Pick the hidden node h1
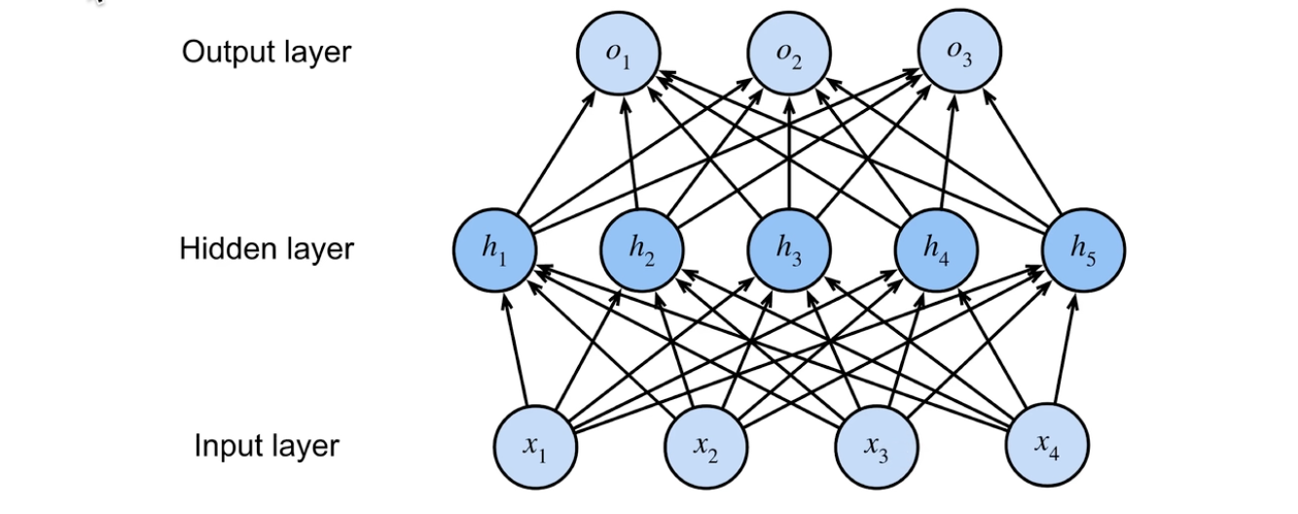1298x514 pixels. (494, 249)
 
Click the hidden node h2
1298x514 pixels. (641, 249)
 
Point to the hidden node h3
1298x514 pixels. (788, 249)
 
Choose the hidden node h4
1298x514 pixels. (936, 249)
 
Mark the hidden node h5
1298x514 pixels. (1083, 249)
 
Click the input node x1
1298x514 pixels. (535, 447)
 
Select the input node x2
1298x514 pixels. (706, 447)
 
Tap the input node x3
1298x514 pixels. (877, 447)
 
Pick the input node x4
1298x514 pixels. (1047, 447)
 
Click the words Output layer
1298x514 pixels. (266, 52)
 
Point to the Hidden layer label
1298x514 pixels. (266, 248)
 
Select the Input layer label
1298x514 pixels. (266, 446)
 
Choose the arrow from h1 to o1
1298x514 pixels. (557, 153)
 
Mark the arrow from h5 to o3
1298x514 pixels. (1022, 153)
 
